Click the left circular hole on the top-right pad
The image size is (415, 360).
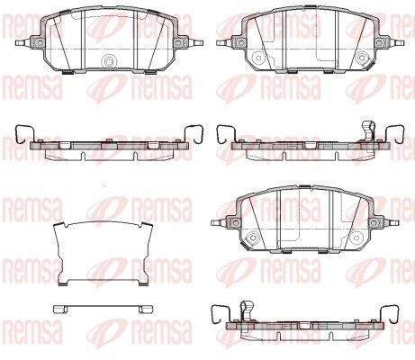pyautogui.click(x=257, y=58)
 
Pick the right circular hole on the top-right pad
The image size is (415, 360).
pyautogui.click(x=362, y=58)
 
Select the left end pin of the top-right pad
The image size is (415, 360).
pyautogui.click(x=224, y=42)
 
